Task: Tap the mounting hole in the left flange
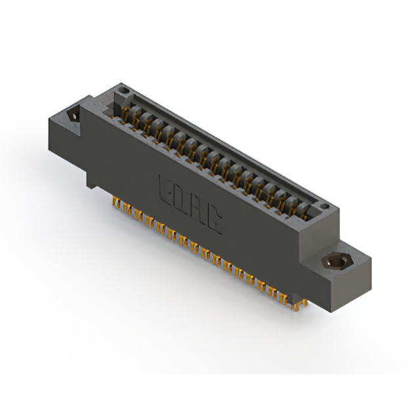pos(73,115)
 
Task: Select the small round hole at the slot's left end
pos(122,88)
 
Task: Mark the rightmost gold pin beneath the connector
pos(303,303)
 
